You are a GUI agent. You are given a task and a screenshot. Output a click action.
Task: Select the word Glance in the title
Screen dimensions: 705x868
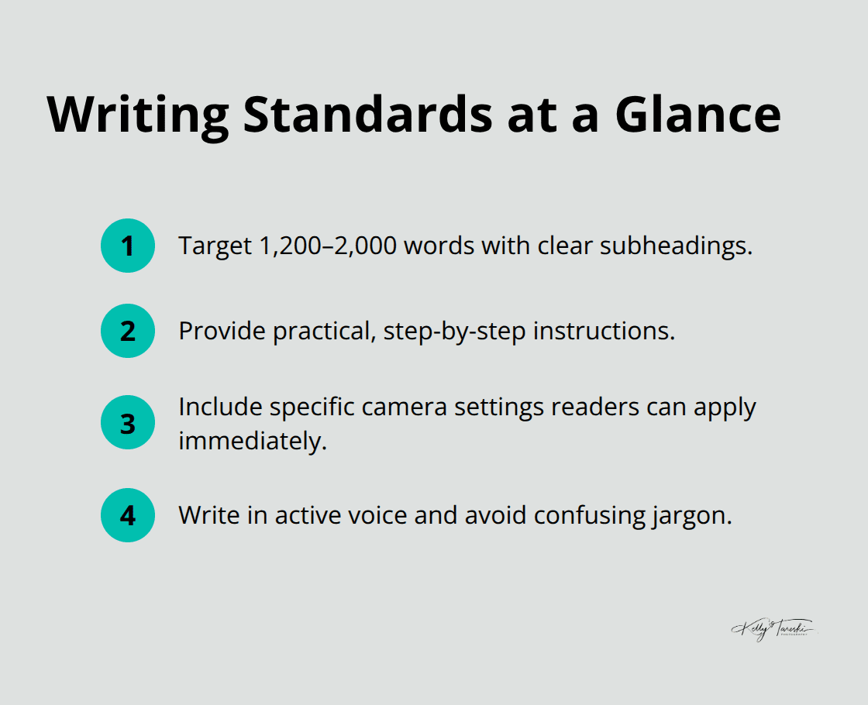coord(698,115)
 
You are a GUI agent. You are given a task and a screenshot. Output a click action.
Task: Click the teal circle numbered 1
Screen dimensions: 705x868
coord(128,246)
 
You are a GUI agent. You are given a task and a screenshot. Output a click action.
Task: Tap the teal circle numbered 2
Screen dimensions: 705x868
coord(128,331)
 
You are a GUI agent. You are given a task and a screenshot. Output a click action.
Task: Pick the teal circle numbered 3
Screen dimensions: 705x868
coord(128,423)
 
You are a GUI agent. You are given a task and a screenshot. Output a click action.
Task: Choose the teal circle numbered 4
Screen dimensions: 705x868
coord(128,515)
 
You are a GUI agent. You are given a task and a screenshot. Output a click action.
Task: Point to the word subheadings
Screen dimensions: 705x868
coord(673,246)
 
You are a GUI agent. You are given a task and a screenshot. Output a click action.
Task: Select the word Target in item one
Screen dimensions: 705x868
coord(208,246)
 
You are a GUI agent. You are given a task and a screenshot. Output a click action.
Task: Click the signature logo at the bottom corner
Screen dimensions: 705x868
coord(773,629)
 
